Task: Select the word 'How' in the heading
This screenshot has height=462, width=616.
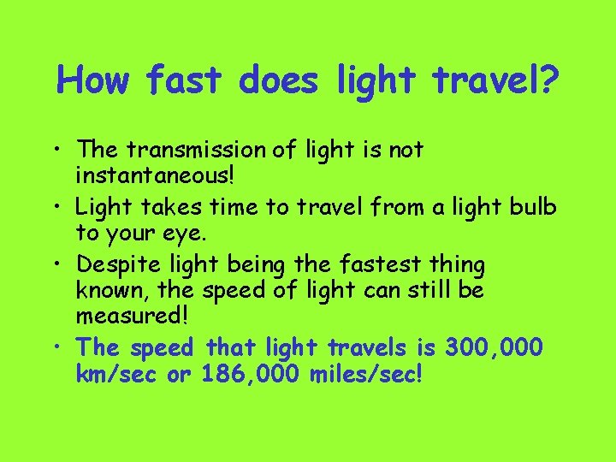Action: [94, 81]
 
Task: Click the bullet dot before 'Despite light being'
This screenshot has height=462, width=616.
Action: [62, 265]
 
